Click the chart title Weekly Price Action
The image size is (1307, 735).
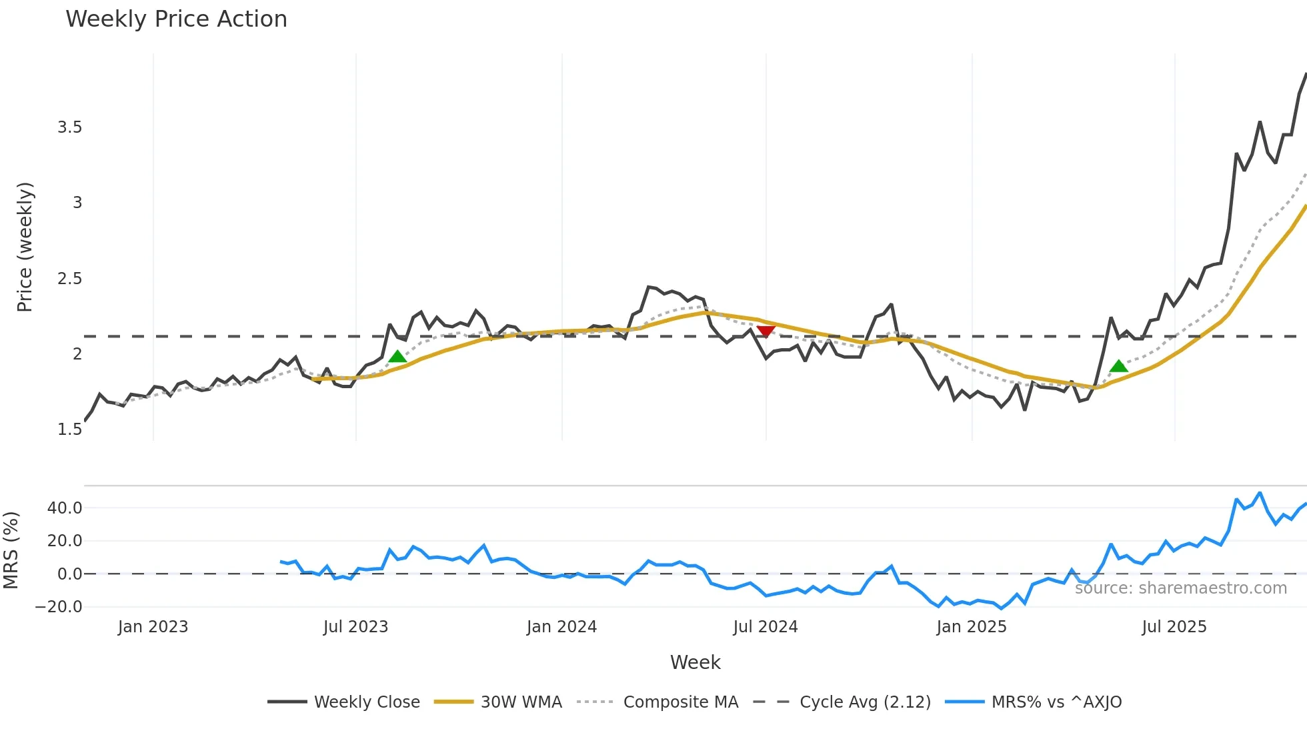(x=176, y=19)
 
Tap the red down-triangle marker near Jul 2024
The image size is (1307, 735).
(x=766, y=331)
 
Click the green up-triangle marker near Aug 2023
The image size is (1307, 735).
(x=397, y=357)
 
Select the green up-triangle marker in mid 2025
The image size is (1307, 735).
(x=1118, y=365)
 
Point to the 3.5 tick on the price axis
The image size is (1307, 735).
(x=69, y=127)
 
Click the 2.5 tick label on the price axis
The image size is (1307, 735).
(x=69, y=279)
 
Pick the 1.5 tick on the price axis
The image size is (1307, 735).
(x=69, y=430)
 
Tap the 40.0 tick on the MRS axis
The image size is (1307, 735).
(x=65, y=508)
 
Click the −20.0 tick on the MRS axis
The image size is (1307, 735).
(x=59, y=607)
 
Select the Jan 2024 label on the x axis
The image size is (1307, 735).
(x=561, y=627)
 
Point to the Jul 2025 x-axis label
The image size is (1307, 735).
(x=1174, y=627)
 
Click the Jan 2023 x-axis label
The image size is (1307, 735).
(x=153, y=627)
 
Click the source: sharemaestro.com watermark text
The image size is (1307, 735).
(x=1180, y=588)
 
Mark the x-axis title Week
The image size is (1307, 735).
(x=695, y=662)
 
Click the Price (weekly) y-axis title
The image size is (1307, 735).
(x=25, y=247)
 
